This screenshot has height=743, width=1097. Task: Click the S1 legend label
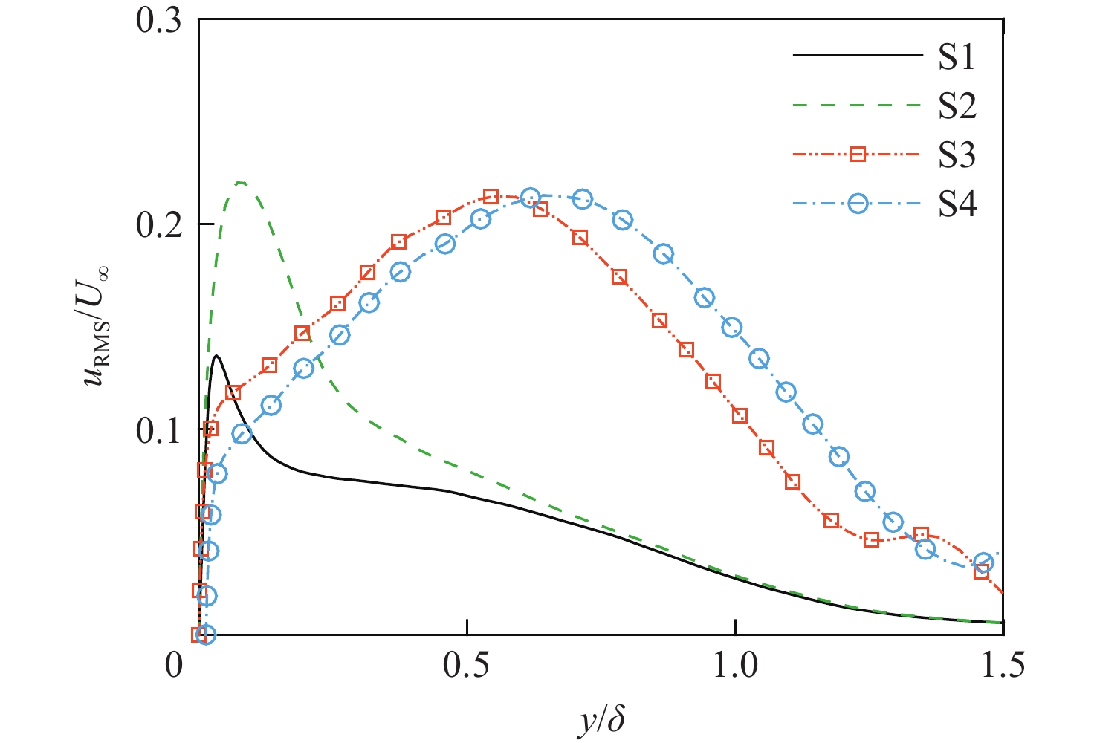point(956,57)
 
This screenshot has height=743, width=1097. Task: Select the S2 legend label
point(957,106)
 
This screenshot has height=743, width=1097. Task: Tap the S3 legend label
point(957,155)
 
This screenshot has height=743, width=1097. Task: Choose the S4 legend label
point(957,204)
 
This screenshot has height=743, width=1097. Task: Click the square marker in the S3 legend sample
point(858,155)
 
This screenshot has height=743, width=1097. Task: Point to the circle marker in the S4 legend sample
point(858,204)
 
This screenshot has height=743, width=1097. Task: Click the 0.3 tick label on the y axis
point(159,20)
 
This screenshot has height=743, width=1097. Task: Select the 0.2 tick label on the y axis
point(159,224)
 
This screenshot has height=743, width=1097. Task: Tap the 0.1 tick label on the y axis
point(159,429)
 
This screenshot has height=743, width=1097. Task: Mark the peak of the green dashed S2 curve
point(240,182)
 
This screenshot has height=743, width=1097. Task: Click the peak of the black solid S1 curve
point(216,356)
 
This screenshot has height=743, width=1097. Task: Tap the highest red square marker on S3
point(491,197)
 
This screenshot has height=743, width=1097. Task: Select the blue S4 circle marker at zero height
point(207,635)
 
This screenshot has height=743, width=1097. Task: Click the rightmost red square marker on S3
point(982,571)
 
